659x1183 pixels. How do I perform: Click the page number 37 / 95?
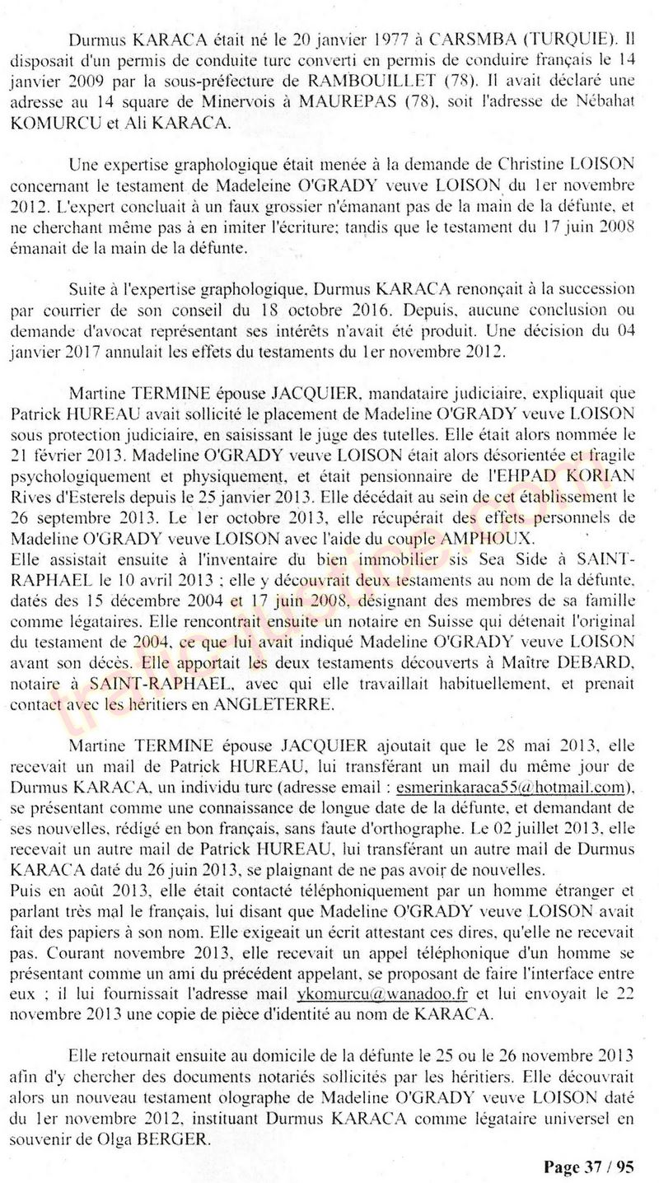[610, 1167]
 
